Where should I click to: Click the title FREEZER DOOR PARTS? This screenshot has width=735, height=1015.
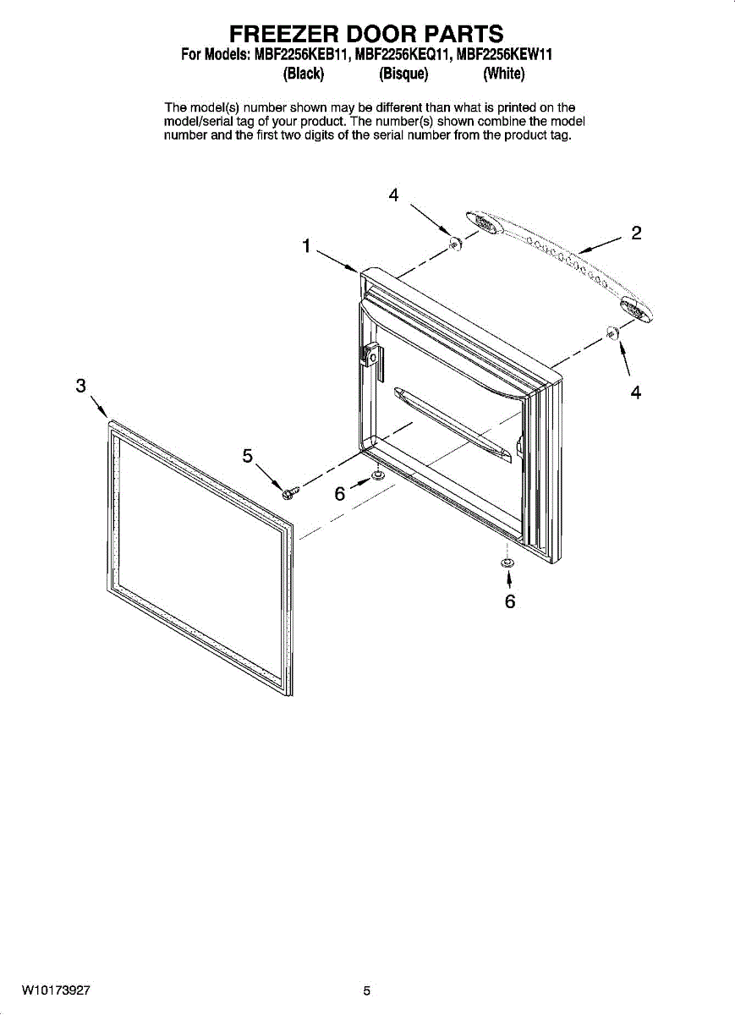click(x=367, y=34)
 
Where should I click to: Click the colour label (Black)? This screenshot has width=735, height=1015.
click(x=304, y=74)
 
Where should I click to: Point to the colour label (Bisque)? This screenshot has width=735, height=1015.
click(x=404, y=74)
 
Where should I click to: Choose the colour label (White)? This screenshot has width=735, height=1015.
click(x=504, y=74)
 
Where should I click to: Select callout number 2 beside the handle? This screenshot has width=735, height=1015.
click(x=636, y=233)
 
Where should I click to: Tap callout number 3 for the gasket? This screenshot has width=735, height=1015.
click(x=81, y=386)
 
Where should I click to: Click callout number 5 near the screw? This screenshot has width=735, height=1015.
click(x=248, y=456)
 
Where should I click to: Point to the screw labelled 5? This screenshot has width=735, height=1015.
click(x=291, y=490)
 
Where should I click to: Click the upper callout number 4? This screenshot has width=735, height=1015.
click(x=393, y=195)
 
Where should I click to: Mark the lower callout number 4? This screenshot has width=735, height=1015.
click(x=635, y=392)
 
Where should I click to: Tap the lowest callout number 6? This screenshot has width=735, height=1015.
click(x=509, y=601)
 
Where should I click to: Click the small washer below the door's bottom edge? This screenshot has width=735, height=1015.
click(x=507, y=562)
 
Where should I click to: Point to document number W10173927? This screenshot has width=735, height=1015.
click(x=57, y=990)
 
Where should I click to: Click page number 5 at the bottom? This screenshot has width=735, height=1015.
click(x=367, y=990)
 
